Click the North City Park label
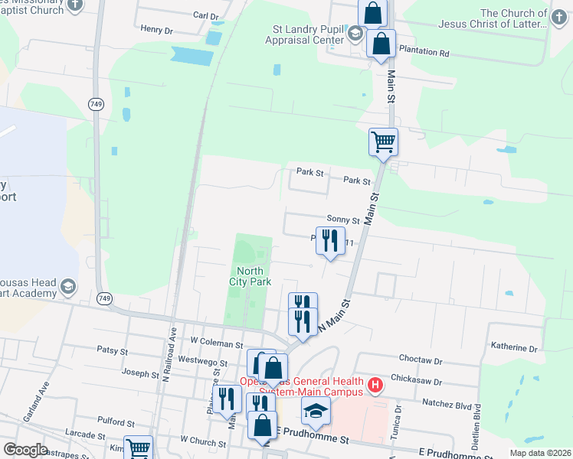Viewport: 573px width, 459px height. point(250,276)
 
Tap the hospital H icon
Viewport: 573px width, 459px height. point(375,386)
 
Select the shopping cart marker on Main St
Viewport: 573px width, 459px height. point(383,142)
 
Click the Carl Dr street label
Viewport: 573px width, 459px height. point(206,15)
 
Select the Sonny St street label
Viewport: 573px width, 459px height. point(342,218)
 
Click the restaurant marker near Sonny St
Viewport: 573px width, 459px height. point(329,240)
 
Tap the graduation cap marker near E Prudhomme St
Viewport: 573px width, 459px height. point(316,412)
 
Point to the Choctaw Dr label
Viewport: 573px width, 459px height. point(421,359)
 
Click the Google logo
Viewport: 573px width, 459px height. point(25,450)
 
